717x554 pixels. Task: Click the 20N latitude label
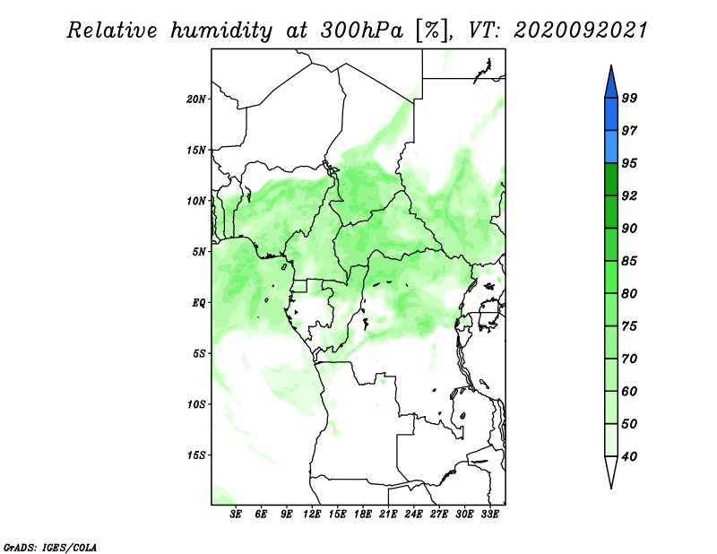(196, 100)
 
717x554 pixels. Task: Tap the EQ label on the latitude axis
(199, 303)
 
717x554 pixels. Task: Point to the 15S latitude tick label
(196, 455)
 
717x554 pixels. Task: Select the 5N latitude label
(199, 252)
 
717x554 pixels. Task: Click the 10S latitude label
(196, 404)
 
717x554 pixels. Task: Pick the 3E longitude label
(236, 514)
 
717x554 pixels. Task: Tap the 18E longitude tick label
(363, 514)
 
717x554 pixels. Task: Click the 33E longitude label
(489, 514)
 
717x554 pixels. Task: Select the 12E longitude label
(312, 514)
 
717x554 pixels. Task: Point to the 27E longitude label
(439, 514)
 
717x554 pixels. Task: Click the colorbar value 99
(629, 98)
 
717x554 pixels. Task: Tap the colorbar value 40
(629, 456)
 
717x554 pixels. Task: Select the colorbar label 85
(629, 261)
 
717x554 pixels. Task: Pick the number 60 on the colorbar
(629, 391)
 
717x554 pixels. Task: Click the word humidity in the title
(221, 31)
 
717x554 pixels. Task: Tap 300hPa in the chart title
(362, 30)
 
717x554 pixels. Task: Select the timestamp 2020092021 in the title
(580, 30)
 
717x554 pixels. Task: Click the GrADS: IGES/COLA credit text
(50, 547)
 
